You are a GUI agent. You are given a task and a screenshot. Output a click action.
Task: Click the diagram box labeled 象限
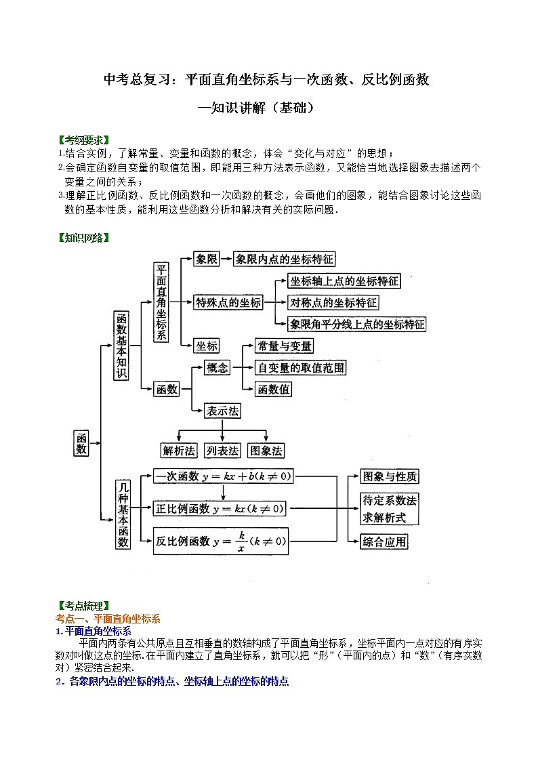(x=206, y=259)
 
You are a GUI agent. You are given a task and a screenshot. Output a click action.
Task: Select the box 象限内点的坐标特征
(x=285, y=259)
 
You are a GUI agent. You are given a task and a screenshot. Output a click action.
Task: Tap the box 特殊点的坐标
(x=228, y=303)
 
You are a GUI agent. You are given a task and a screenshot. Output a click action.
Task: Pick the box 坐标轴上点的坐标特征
(x=344, y=281)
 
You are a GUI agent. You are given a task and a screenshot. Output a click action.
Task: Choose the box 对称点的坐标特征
(x=333, y=303)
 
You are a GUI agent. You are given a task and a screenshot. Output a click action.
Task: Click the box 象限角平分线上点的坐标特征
(x=357, y=324)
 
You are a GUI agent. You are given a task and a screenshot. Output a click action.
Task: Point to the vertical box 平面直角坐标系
(x=161, y=302)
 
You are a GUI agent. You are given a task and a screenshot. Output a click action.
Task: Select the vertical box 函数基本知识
(x=121, y=345)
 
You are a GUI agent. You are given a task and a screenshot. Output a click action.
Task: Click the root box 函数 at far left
(x=81, y=443)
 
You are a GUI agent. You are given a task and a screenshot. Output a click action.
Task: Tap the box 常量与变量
(x=284, y=346)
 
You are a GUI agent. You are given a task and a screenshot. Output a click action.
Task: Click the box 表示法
(x=223, y=411)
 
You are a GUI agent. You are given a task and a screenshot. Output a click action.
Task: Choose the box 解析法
(x=179, y=451)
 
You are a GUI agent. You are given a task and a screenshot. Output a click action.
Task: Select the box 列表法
(x=223, y=451)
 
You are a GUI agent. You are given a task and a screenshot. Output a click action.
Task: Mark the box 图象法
(x=266, y=451)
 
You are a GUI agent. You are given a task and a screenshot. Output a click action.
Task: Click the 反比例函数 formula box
(x=221, y=541)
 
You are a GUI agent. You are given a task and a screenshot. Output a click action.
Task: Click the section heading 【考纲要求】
(x=83, y=140)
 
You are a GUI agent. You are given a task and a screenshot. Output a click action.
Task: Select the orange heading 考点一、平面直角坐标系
(x=107, y=618)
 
